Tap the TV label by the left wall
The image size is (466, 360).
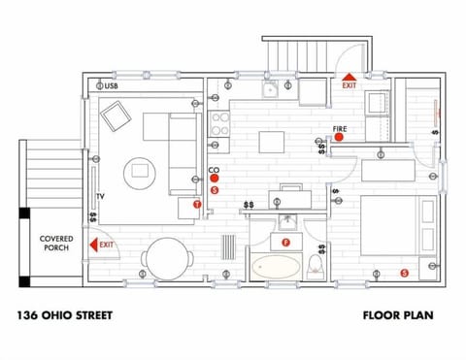(100, 195)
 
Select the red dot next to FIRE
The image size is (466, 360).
(340, 139)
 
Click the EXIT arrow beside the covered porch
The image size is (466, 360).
(95, 245)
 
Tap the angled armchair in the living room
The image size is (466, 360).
(117, 117)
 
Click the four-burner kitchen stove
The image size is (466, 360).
(219, 122)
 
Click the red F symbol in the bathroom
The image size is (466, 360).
(285, 241)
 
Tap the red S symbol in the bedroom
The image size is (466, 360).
(404, 274)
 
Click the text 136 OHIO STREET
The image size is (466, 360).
(65, 315)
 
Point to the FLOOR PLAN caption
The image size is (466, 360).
(398, 315)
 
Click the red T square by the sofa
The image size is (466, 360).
(197, 204)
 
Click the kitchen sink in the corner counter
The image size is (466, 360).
(271, 90)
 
